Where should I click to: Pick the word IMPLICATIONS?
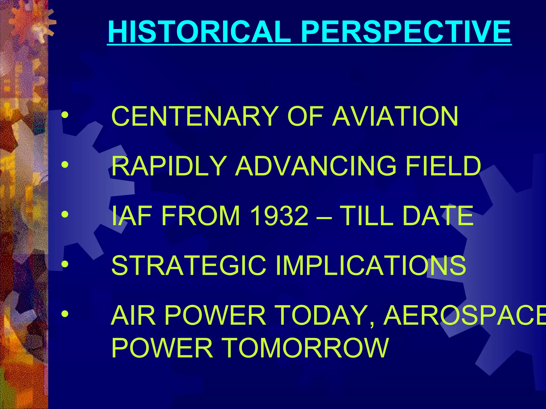(x=371, y=265)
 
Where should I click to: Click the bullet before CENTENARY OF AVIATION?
(x=65, y=116)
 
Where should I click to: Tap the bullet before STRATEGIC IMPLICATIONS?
(x=65, y=264)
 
